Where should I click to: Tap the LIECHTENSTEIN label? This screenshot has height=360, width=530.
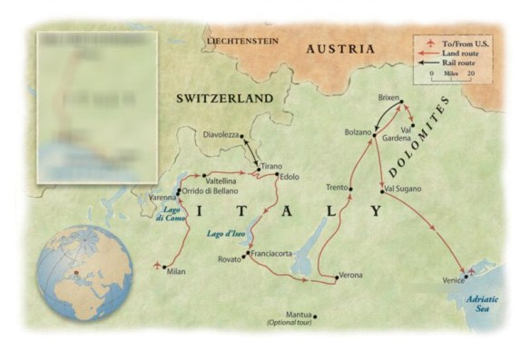coord(245,43)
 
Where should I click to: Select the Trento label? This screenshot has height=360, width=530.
coord(337,187)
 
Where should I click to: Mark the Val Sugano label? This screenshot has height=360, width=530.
coord(402,190)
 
